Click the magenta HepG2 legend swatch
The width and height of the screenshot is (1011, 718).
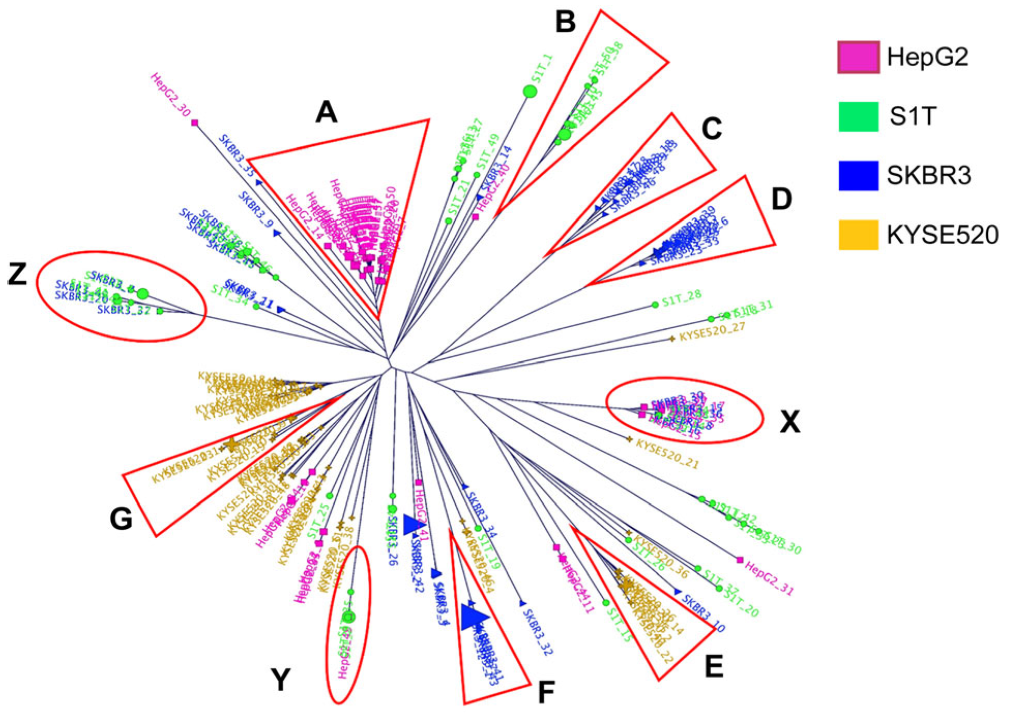pyautogui.click(x=858, y=57)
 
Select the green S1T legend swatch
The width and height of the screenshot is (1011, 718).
pyautogui.click(x=858, y=116)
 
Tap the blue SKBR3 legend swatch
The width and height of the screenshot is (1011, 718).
pyautogui.click(x=858, y=176)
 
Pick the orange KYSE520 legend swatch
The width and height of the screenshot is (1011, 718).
pyautogui.click(x=858, y=235)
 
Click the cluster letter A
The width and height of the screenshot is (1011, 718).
pyautogui.click(x=326, y=112)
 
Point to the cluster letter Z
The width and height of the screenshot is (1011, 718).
pyautogui.click(x=18, y=275)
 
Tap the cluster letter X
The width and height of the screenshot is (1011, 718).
pyautogui.click(x=790, y=422)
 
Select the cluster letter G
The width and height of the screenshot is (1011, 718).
pyautogui.click(x=121, y=518)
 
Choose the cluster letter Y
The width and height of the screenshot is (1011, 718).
pyautogui.click(x=281, y=679)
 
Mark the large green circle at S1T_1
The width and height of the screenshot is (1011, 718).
pyautogui.click(x=530, y=91)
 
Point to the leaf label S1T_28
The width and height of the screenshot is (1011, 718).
pyautogui.click(x=681, y=298)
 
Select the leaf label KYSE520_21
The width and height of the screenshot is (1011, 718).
pyautogui.click(x=667, y=454)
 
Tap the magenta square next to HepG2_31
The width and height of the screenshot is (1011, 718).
pyautogui.click(x=740, y=559)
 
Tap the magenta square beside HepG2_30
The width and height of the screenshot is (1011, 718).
pyautogui.click(x=195, y=123)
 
